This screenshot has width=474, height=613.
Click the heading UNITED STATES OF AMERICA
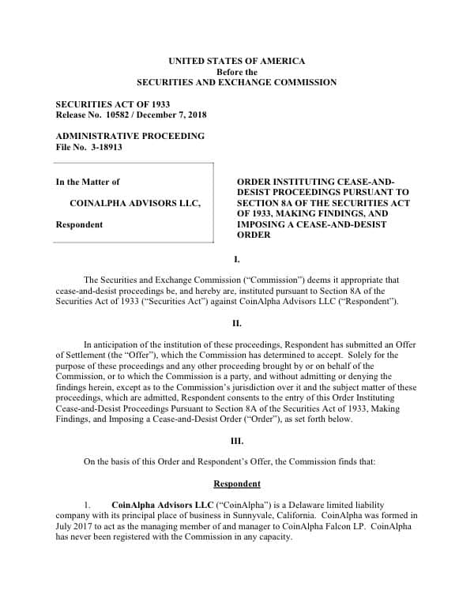[236, 61]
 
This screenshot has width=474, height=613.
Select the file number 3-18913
[103, 147]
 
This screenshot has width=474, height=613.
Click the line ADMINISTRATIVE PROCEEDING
[130, 136]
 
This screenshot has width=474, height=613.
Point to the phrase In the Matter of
[88, 182]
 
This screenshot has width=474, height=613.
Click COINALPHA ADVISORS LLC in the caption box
[134, 203]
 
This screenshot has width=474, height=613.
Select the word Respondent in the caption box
[79, 224]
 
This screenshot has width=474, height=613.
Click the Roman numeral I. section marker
[236, 259]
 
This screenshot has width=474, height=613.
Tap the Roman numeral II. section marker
[236, 323]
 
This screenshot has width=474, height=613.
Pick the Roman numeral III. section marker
[236, 441]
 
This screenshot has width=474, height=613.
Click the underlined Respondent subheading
[236, 483]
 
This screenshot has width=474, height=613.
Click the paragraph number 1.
[88, 504]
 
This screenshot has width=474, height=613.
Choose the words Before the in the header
[236, 72]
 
